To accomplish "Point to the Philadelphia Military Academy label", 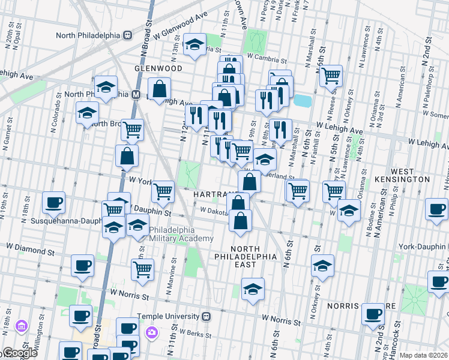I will coord(181,234).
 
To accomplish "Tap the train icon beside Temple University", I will coord(206,316).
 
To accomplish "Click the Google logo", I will coord(19,353).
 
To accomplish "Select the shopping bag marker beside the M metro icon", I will coord(160,90).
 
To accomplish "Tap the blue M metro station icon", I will coord(136,94).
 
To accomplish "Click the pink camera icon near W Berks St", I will coord(152,332).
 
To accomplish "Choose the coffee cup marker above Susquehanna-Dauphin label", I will coord(54,203).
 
